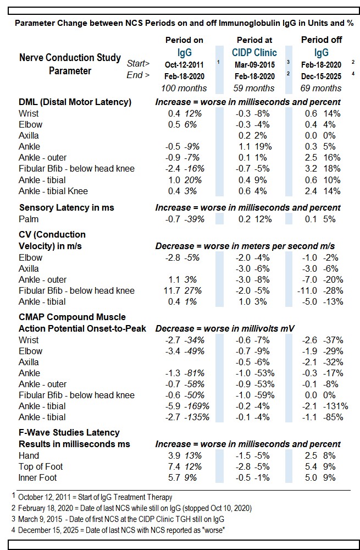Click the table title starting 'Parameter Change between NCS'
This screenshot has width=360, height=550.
(x=184, y=24)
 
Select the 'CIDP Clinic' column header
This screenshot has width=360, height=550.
(x=254, y=53)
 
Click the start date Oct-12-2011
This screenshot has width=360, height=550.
(x=184, y=64)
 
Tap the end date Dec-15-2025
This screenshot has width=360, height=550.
(x=322, y=76)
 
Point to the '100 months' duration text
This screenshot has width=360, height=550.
(x=184, y=88)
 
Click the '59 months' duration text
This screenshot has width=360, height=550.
(x=254, y=88)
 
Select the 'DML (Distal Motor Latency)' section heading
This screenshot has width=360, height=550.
(x=75, y=102)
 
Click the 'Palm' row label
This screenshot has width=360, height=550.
(x=29, y=219)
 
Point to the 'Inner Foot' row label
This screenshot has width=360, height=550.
(x=38, y=477)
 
